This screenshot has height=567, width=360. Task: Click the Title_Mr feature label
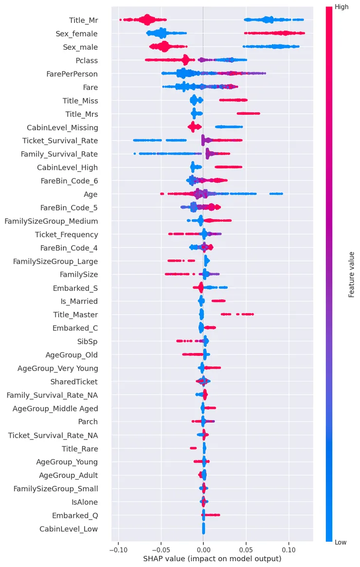[x=83, y=20]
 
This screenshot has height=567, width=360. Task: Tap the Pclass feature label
[x=87, y=61]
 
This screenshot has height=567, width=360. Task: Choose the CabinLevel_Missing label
[x=62, y=127]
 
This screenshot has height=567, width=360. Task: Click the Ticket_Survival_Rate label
[x=60, y=141]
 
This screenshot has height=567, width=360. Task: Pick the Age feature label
[x=90, y=195]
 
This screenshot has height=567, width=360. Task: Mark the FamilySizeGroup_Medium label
[x=51, y=221]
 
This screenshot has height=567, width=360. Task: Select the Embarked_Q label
[x=75, y=515]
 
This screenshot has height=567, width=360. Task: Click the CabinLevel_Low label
[x=69, y=529]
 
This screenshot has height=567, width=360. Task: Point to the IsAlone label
[x=85, y=502]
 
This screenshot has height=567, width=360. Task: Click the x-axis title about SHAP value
[x=212, y=559]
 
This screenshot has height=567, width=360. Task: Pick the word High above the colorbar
[x=342, y=7]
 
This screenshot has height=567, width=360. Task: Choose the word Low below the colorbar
[x=341, y=542]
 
